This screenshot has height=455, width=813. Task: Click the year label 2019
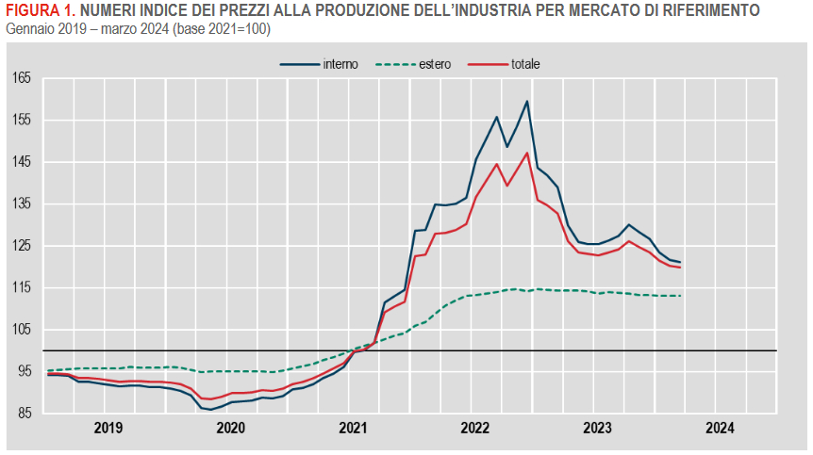(108, 429)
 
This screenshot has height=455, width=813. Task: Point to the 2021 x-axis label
(353, 429)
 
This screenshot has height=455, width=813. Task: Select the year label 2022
(474, 429)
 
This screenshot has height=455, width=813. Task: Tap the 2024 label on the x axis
(719, 429)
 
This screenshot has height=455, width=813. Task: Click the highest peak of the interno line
(526, 101)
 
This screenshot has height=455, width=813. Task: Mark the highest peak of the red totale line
(526, 153)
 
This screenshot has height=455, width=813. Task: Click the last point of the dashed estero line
(680, 296)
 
